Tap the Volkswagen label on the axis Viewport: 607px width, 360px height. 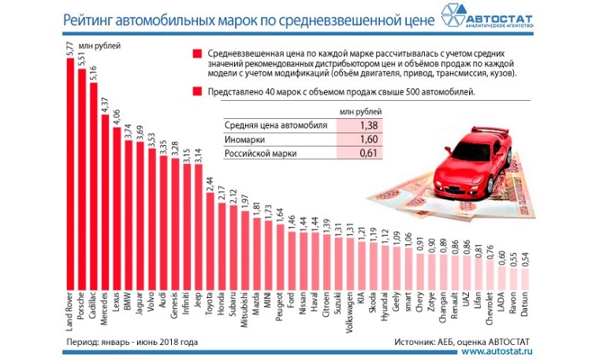[349, 314]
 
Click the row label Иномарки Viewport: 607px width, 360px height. [247, 139]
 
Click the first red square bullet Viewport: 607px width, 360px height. [196, 54]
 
